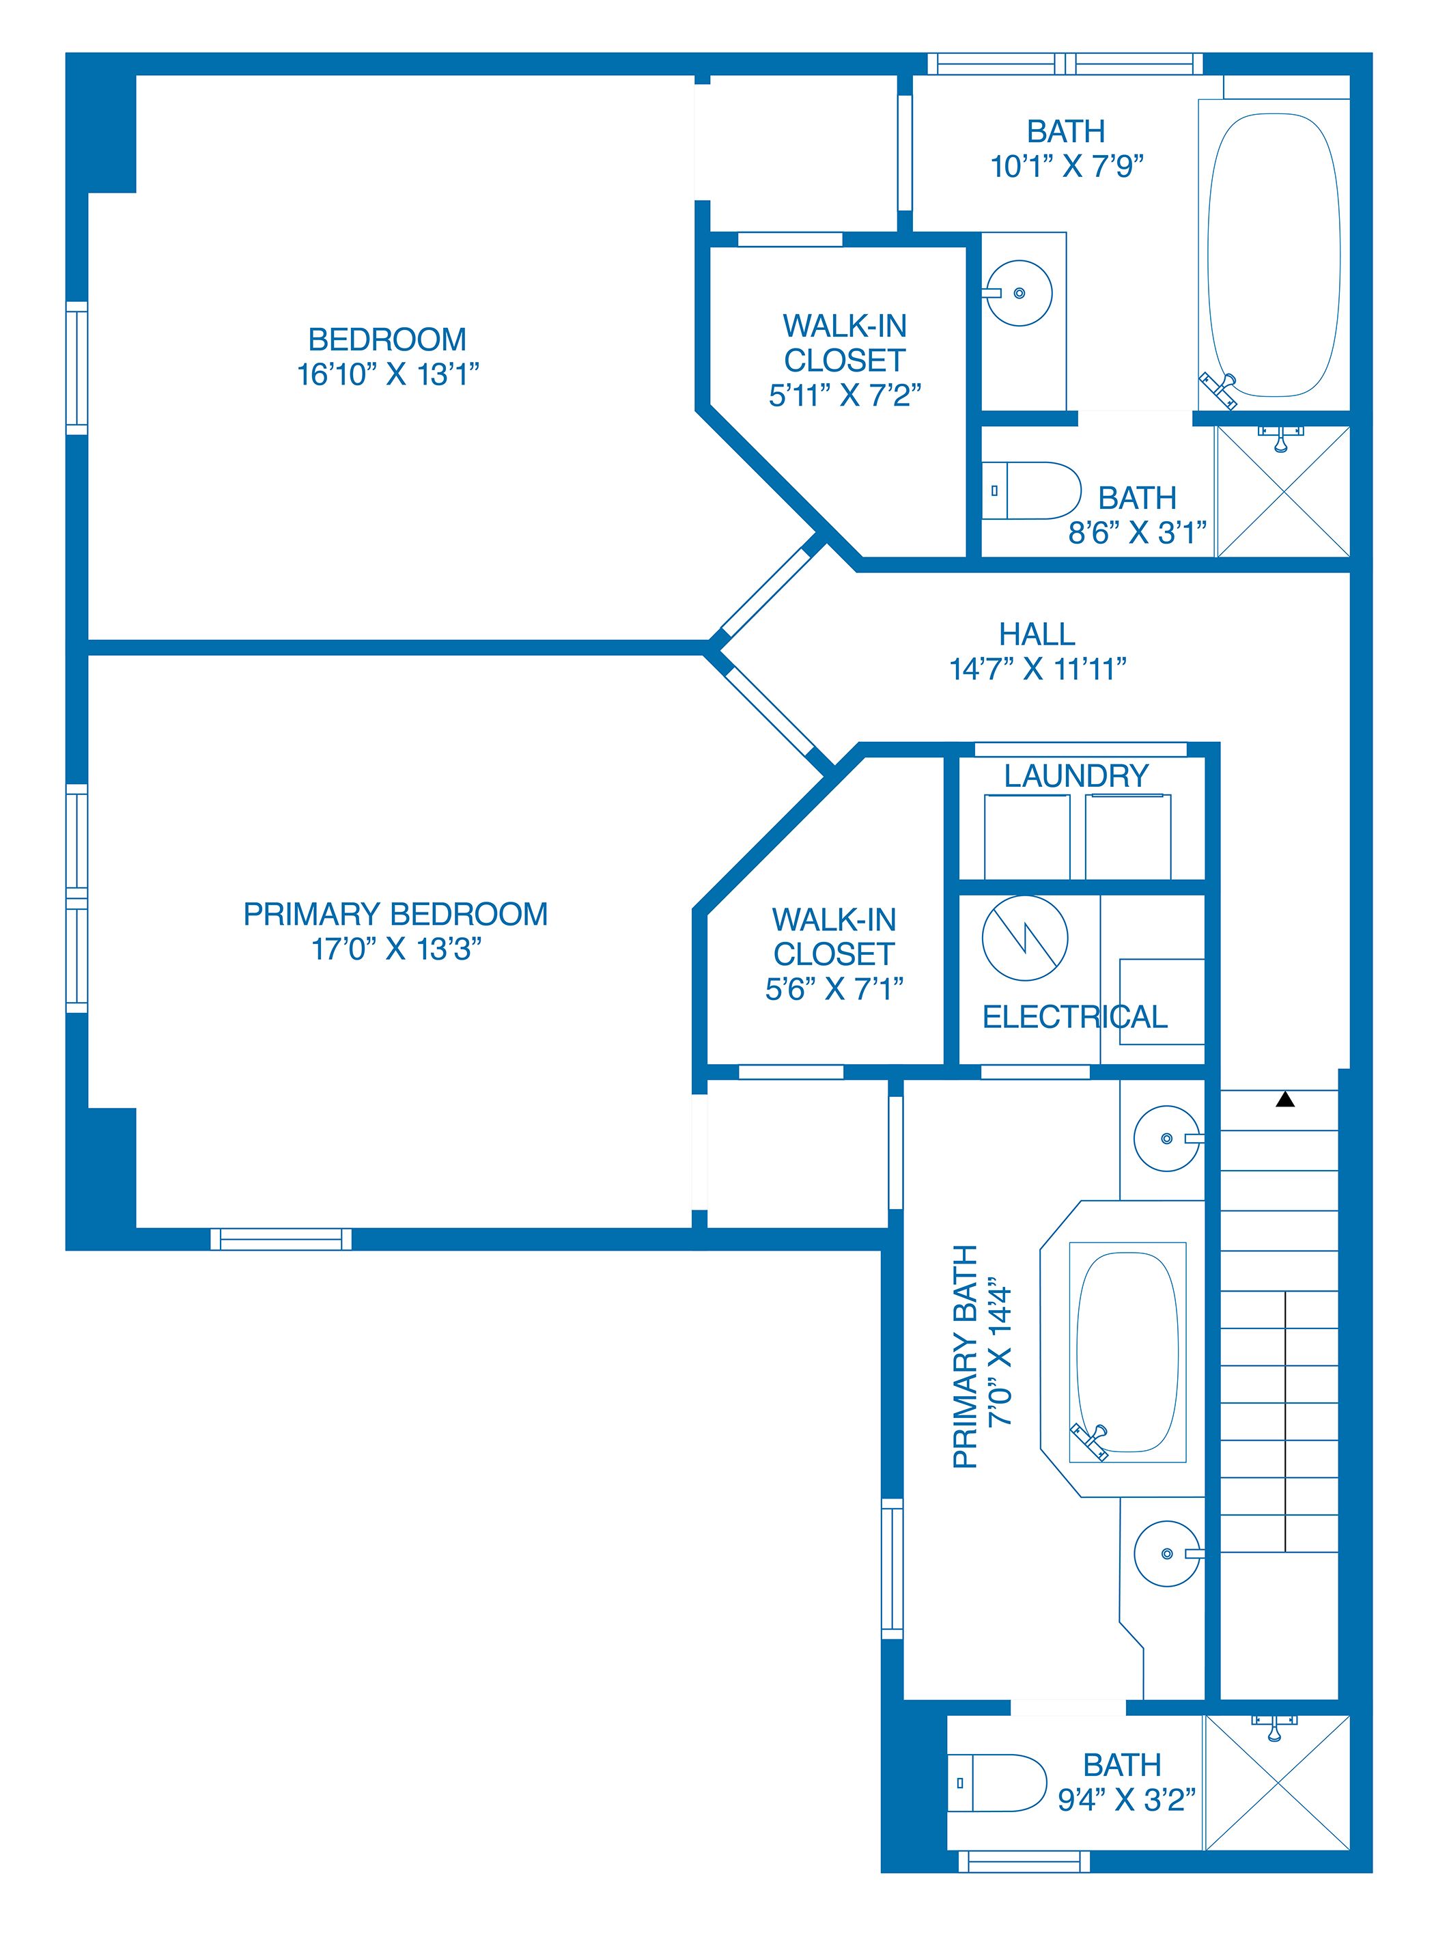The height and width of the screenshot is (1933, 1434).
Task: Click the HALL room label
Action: [x=1037, y=634]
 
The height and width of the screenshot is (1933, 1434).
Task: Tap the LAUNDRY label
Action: [x=1076, y=775]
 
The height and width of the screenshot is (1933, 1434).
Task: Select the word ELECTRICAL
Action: [x=1075, y=1017]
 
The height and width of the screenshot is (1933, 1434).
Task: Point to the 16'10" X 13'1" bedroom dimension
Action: [x=388, y=374]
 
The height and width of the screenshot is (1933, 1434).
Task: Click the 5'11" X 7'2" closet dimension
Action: [x=845, y=395]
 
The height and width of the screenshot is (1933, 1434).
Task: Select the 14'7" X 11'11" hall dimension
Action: [x=1037, y=669]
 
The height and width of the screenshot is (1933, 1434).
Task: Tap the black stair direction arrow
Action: [x=1286, y=1100]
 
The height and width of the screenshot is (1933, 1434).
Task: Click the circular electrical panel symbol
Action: [x=1024, y=938]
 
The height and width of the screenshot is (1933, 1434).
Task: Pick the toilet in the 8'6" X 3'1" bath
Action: [x=1031, y=490]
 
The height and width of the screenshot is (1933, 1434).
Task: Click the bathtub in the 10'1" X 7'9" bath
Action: [x=1274, y=255]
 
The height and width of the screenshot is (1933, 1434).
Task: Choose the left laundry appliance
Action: [x=1027, y=836]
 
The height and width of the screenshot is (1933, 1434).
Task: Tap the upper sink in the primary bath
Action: [x=1168, y=1139]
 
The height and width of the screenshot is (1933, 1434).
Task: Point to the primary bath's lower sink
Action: [x=1168, y=1553]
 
